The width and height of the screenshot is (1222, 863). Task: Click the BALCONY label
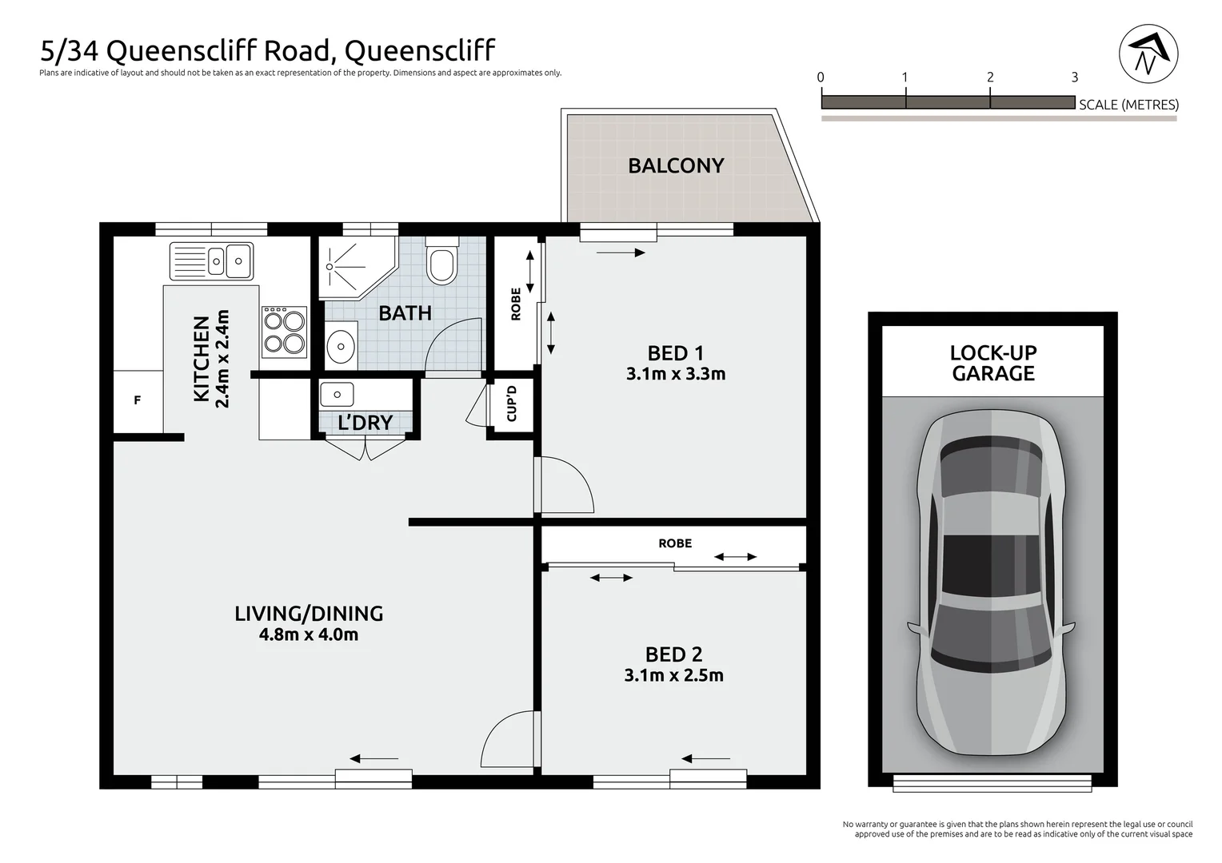pos(676,165)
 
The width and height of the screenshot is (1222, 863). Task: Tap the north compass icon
pos(1148,54)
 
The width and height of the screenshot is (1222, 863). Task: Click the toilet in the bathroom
pos(441,261)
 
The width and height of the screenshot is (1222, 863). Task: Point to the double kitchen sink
pos(212,260)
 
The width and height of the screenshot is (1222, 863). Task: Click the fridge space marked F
pos(138,401)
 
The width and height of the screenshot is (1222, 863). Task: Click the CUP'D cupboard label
pos(512,404)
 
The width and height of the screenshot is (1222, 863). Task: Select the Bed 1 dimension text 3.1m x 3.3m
pos(676,374)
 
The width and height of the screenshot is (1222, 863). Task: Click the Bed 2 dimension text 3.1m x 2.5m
pos(673,675)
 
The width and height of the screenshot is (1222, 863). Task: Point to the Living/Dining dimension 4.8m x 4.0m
pos(308,635)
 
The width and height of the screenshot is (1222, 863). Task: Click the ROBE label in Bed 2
pos(675,543)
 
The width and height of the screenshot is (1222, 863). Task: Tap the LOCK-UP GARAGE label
pos(992,363)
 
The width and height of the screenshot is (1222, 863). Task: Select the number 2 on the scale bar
pos(990,78)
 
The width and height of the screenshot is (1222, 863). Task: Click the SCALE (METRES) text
pos(1128,105)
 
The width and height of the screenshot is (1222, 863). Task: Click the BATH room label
pos(405,313)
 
